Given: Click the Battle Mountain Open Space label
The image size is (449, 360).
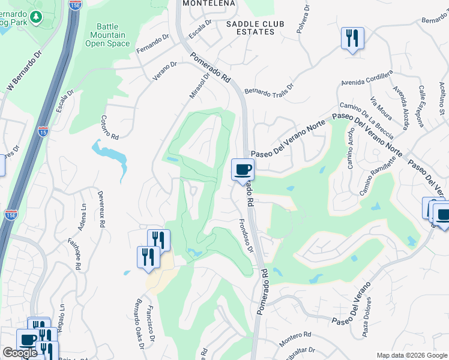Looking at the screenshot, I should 107,35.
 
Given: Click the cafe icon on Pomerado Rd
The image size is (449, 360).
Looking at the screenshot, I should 243,170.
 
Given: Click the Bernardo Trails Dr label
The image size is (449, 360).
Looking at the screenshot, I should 268,88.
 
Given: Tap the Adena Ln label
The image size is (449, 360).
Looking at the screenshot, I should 82,217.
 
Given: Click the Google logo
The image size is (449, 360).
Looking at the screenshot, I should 20,353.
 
